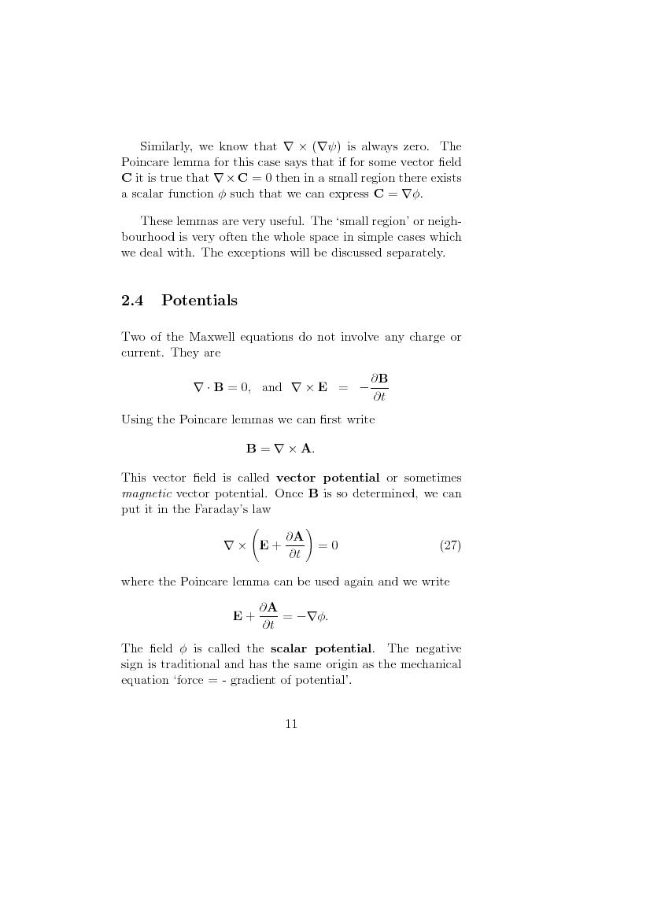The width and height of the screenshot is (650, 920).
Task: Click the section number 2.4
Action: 132,301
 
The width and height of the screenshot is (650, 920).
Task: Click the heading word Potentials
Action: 199,301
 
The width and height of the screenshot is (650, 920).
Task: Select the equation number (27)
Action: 450,545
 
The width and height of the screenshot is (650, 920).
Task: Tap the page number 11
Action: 291,724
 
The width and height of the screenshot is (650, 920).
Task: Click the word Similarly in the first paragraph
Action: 165,146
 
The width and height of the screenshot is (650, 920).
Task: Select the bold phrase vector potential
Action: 328,478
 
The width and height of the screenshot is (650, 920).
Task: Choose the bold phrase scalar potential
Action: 321,648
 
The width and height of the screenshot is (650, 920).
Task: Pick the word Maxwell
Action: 208,338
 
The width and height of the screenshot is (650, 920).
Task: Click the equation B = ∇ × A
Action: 280,449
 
